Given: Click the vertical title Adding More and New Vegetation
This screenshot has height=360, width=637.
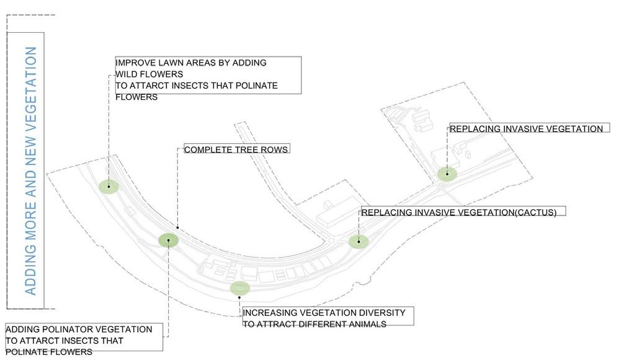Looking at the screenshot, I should [x=30, y=171].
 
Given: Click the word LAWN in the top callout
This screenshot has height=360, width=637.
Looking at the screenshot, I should [x=171, y=63].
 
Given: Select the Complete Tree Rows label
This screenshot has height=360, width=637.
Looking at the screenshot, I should [x=236, y=150].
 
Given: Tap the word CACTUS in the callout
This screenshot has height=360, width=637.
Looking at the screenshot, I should [x=534, y=212].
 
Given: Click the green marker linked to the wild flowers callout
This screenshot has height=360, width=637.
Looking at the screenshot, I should [x=109, y=186].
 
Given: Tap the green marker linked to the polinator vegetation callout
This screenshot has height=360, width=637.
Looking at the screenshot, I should [x=168, y=240].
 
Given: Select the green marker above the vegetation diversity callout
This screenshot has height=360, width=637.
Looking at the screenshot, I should [x=239, y=288].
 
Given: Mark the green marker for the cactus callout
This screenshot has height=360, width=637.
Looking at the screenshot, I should [x=359, y=241].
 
